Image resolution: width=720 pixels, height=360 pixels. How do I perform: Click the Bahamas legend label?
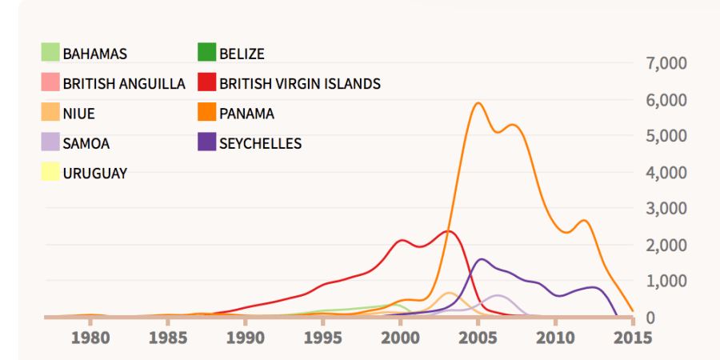94,54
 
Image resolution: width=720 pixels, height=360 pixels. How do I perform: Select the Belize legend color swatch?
207,54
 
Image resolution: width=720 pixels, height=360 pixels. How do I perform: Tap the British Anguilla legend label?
124,83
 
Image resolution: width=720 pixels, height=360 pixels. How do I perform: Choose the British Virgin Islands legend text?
300,83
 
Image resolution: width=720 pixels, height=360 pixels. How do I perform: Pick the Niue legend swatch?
50,113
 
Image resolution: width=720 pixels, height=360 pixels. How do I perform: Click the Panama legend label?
246,114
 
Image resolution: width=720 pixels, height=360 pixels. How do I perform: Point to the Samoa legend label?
86,144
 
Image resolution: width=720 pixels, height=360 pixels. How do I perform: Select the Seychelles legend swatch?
207,143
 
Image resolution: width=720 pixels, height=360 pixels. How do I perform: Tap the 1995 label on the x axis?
323,338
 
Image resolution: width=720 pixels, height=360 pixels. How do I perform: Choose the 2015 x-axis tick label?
633,338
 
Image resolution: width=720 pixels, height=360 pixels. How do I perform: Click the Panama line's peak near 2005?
478,103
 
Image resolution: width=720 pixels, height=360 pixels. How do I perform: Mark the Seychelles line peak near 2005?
481,259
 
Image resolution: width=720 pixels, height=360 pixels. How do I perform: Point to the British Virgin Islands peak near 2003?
449,231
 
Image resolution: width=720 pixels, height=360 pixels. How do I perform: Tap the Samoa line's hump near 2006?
498,296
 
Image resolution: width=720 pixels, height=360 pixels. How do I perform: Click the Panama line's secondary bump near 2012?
585,220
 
